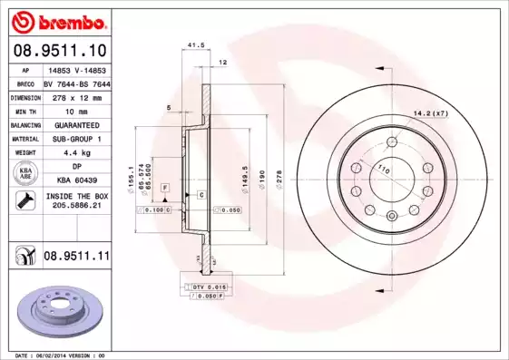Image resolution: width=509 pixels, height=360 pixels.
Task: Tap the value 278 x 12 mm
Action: (75, 96)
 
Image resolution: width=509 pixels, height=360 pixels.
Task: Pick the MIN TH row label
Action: (24, 110)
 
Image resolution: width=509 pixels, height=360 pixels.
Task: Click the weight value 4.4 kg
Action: (75, 153)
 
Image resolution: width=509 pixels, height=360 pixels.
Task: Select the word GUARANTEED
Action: (75, 124)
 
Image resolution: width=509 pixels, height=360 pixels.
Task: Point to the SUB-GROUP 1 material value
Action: (75, 139)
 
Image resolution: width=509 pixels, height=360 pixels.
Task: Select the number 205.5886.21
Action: (75, 207)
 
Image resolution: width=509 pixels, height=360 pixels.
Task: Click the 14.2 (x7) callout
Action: (431, 112)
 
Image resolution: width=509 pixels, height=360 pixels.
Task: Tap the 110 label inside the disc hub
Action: (383, 170)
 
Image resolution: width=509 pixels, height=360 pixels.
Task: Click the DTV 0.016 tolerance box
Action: (206, 286)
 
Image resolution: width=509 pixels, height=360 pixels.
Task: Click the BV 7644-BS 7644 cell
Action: (75, 83)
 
